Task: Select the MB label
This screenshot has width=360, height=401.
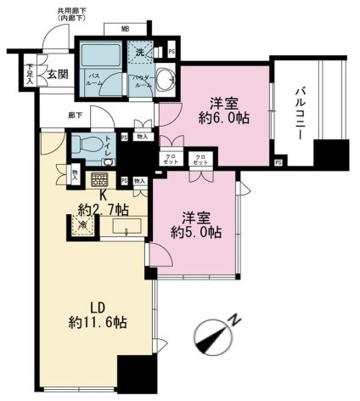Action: (x=125, y=30)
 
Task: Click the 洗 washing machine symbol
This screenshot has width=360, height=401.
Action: (x=142, y=52)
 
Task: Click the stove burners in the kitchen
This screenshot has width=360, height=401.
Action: (x=101, y=179)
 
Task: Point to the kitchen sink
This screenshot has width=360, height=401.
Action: (x=130, y=226)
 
